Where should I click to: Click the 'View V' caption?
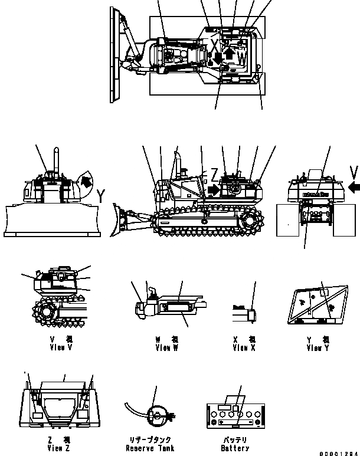pos(62,348)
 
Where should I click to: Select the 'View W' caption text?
pos(166,348)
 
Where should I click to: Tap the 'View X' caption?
pos(244,348)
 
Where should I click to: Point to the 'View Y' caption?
pos(318,348)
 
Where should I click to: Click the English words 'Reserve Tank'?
pos(151,448)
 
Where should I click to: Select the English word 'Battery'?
pos(235,448)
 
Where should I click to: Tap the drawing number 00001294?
pos(339,452)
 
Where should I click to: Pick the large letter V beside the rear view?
pos(352,172)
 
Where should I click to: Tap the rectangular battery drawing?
pos(235,416)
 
